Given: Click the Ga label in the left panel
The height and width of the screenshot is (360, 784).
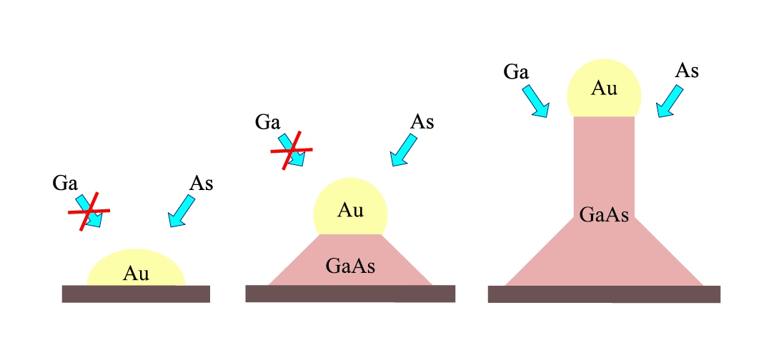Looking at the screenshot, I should click(65, 183).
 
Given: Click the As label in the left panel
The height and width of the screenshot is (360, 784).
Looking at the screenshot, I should click(201, 183).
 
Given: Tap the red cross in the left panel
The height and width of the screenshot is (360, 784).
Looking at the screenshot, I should click(89, 212).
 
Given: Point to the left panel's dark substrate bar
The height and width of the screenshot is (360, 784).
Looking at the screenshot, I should click(136, 294).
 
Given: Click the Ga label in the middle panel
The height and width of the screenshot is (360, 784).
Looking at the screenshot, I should click(267, 121).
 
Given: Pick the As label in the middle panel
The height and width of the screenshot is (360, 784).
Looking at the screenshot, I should click(422, 121).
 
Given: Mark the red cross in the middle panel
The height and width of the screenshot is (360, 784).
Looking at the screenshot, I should click(291, 151).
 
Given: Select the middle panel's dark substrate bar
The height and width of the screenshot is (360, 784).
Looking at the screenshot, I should click(350, 294).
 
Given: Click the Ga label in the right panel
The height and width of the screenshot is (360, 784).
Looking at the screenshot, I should click(516, 72).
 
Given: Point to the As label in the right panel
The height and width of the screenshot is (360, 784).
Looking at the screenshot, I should click(686, 71).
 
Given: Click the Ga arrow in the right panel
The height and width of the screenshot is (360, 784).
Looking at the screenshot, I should click(537, 101).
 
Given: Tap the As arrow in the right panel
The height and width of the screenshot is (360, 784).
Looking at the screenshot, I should click(670, 101).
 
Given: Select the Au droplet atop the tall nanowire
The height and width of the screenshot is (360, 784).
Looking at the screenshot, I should click(604, 89).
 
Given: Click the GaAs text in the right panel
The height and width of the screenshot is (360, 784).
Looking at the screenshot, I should click(604, 214).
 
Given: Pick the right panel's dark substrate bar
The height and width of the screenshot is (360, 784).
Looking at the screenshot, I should click(604, 294).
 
